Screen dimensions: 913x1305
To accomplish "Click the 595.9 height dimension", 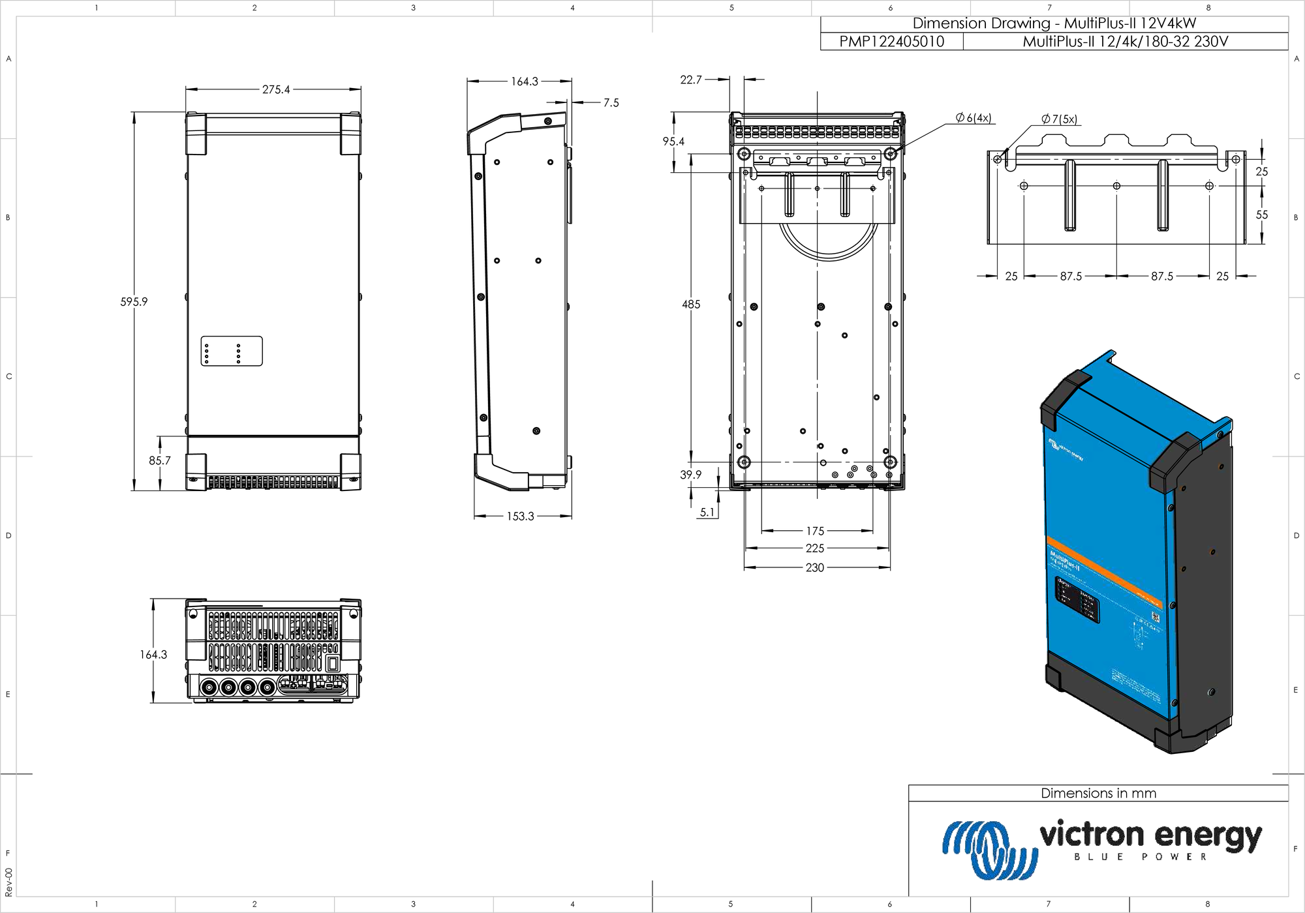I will click(134, 301).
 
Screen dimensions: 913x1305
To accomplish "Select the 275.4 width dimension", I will click(276, 89).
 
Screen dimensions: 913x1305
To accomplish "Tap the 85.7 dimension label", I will click(159, 460).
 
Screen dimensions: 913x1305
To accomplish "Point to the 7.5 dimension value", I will click(611, 102).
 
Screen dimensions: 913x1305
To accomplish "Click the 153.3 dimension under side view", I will click(520, 516).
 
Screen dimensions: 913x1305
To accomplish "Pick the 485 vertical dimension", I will click(691, 304).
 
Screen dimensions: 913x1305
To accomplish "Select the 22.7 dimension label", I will click(691, 80).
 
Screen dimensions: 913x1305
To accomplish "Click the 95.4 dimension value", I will click(673, 142).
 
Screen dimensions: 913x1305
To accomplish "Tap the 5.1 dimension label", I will click(707, 513).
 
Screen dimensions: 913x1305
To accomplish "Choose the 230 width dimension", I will click(815, 567).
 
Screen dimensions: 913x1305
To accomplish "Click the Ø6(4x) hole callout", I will click(974, 118).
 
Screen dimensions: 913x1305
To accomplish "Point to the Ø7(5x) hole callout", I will click(1060, 119).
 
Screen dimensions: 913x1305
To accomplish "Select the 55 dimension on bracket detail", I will click(1262, 215).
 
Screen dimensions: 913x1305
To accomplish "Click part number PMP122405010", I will click(891, 42).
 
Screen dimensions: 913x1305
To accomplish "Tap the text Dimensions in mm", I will click(1098, 793).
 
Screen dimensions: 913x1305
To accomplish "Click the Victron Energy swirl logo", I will click(989, 848).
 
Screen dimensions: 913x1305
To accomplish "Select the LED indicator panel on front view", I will click(232, 352).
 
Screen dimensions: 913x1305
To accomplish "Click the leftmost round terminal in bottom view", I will click(209, 687).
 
